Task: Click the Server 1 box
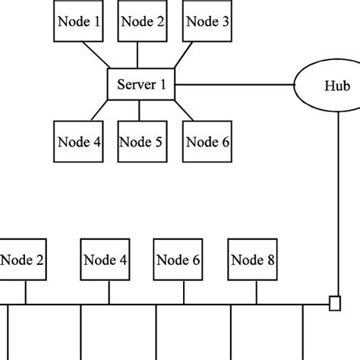[141, 84]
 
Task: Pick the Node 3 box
[207, 22]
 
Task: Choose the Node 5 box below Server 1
[141, 141]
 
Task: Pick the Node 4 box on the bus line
[104, 261]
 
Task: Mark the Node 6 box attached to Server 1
[207, 141]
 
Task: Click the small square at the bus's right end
[333, 305]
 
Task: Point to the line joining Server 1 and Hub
[235, 85]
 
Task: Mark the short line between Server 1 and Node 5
[141, 111]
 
